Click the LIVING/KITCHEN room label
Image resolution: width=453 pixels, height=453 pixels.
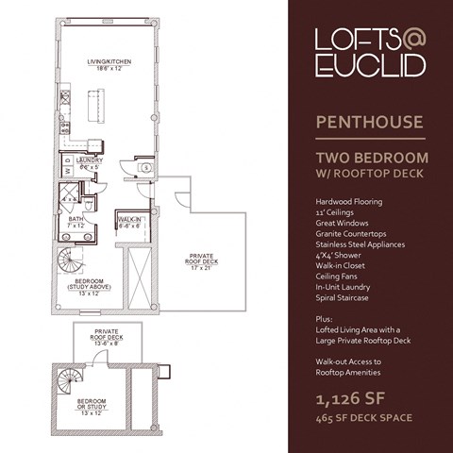pos(109,62)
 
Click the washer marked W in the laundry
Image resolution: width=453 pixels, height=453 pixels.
pos(67,172)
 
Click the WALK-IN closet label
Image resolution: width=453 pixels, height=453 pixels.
pos(129,219)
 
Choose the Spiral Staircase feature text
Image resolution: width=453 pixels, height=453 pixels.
pos(346,295)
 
